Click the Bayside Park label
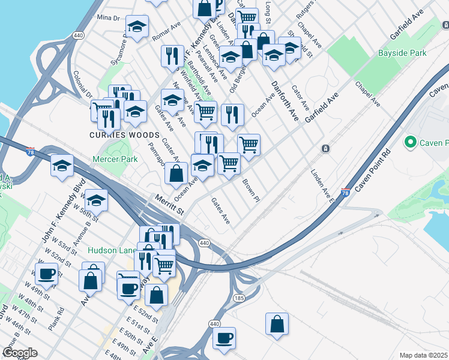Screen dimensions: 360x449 402,53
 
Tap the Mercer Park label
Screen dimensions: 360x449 115,159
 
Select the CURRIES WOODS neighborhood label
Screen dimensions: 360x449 114,135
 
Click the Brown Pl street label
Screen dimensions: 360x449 251,190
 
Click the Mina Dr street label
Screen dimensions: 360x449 108,18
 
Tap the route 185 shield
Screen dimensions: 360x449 240,298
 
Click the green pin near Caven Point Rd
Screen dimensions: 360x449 411,142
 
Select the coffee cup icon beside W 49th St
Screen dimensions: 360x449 46,275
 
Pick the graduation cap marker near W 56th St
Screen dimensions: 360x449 96,200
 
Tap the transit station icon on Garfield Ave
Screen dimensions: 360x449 325,148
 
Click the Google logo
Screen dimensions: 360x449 19,353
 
